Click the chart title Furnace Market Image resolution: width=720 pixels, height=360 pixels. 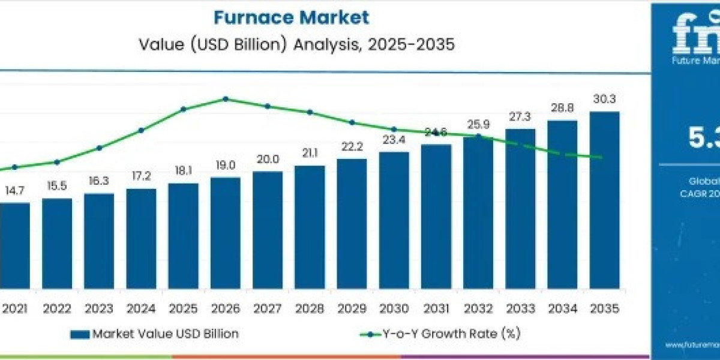[x=291, y=17]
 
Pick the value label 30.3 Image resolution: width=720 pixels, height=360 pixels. [x=604, y=100]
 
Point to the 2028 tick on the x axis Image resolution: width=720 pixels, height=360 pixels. [x=310, y=308]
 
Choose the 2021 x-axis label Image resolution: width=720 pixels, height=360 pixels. [x=15, y=308]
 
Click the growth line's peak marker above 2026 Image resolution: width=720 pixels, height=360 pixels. [x=226, y=98]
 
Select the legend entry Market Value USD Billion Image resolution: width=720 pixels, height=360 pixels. [x=155, y=334]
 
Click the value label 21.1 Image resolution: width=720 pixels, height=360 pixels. [x=310, y=154]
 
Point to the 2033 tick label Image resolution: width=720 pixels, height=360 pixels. [x=520, y=308]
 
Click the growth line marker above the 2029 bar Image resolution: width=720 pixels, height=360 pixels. [x=352, y=122]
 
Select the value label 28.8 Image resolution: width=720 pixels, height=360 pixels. [x=562, y=109]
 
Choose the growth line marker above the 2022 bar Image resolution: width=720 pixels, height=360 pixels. [x=57, y=162]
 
